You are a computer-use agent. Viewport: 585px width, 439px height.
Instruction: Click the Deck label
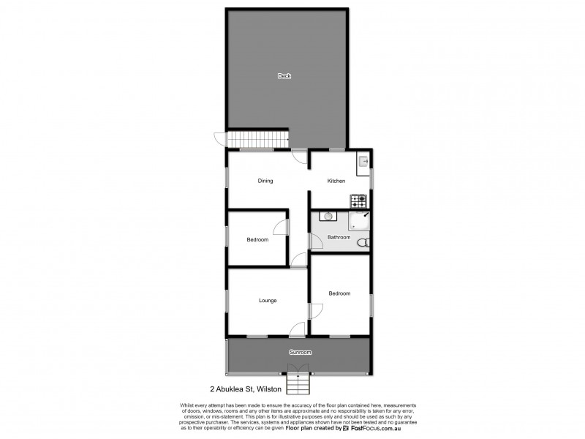[284, 76]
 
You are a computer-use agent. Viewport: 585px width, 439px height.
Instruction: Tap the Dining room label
[265, 181]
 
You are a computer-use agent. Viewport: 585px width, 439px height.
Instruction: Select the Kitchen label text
[336, 181]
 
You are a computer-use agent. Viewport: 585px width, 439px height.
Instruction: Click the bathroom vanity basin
[328, 217]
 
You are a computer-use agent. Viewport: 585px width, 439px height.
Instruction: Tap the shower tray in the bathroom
[360, 220]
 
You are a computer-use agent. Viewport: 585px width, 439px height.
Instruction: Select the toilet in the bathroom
[365, 243]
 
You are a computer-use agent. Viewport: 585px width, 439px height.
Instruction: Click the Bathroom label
[339, 237]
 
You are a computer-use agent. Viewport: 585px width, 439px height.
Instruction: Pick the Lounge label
[267, 301]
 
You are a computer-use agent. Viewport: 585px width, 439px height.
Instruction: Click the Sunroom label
[300, 352]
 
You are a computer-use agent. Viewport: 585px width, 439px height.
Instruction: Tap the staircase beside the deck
[257, 140]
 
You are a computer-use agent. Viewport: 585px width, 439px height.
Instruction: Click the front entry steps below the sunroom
[299, 383]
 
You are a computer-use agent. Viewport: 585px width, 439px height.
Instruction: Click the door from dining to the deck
[298, 154]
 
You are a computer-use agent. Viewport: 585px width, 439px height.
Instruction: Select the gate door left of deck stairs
[219, 138]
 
